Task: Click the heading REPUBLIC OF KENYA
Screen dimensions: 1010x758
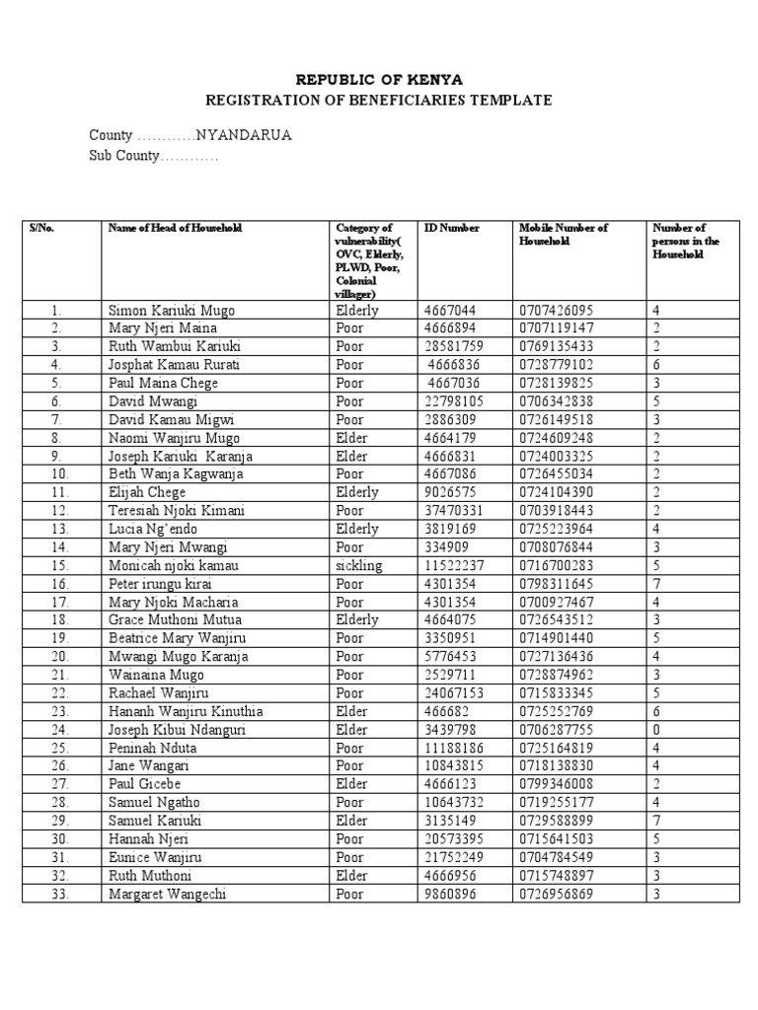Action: pos(378,79)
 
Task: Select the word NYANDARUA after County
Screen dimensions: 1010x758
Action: pos(244,135)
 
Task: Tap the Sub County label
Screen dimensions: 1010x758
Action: pos(123,157)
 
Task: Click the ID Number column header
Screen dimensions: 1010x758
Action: pos(451,228)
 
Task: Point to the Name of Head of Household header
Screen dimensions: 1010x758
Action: pos(175,228)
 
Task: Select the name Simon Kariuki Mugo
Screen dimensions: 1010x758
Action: pos(172,311)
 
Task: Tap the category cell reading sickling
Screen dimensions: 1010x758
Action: pos(358,566)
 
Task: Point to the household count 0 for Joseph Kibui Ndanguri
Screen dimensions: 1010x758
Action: pos(655,730)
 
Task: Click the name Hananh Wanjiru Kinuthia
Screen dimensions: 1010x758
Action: pos(186,712)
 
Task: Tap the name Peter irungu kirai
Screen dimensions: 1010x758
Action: pos(162,584)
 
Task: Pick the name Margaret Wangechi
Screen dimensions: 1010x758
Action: pos(164,895)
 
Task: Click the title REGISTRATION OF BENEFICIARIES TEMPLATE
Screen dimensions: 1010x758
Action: pos(378,101)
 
